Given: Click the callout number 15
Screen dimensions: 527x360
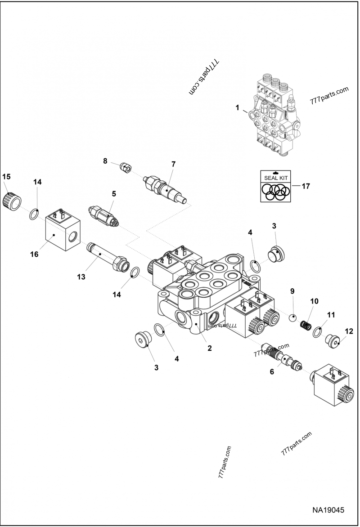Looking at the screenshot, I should [x=6, y=177].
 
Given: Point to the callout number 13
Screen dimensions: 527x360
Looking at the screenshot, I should [x=81, y=277].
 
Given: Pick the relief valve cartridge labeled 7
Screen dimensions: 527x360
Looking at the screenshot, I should [x=166, y=189].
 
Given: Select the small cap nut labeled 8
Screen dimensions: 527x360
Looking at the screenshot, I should [x=125, y=168].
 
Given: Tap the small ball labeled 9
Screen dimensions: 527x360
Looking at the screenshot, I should [x=292, y=318].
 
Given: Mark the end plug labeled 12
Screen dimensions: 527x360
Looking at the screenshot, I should [x=334, y=340].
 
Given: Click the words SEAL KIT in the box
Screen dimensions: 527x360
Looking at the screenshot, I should [x=276, y=178].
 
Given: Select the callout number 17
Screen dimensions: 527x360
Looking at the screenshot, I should [x=306, y=185].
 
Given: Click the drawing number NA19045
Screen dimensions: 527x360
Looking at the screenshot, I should [x=328, y=510].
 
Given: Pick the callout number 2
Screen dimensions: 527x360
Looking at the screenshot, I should [x=209, y=348].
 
